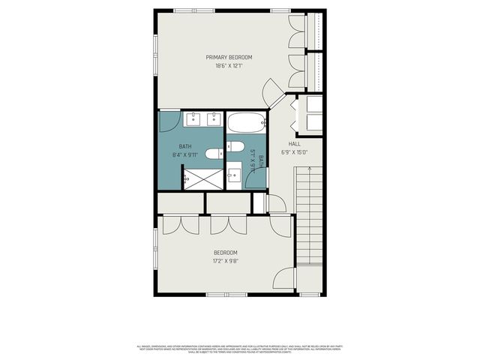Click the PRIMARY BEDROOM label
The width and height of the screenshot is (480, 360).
[x=229, y=58]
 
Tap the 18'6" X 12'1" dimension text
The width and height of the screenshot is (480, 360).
[x=229, y=66]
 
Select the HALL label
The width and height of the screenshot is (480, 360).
[x=295, y=144]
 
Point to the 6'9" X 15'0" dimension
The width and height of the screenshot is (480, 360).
[x=295, y=152]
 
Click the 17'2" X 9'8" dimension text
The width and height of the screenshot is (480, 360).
[x=225, y=262]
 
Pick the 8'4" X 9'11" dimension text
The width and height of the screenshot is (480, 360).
[x=185, y=155]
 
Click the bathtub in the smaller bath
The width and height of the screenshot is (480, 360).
[x=245, y=123]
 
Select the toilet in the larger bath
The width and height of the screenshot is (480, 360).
[x=214, y=154]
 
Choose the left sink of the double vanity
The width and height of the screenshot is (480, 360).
[x=192, y=118]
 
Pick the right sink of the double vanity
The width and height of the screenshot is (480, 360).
[x=213, y=118]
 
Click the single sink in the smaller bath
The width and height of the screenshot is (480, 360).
[x=234, y=176]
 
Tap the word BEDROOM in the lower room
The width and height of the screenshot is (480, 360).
[x=225, y=253]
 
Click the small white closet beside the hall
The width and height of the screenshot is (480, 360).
[x=259, y=202]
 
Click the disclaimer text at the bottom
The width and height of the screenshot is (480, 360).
[x=240, y=349]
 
